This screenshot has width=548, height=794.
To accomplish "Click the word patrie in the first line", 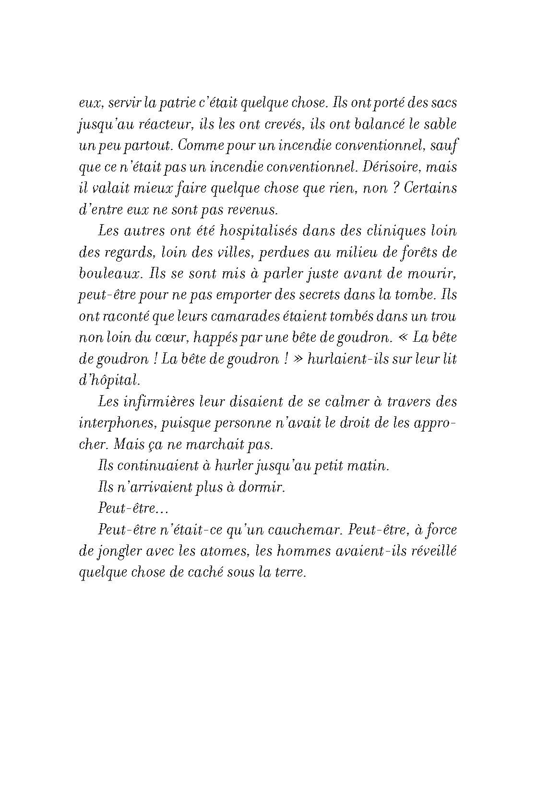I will click(166, 103).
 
